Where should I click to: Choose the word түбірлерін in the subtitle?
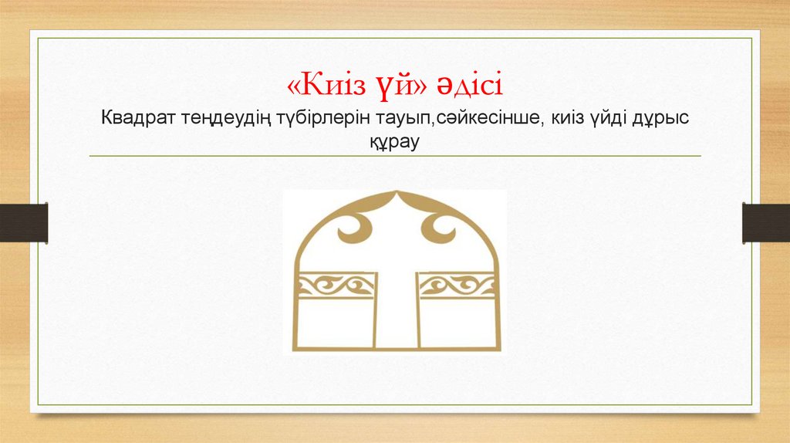(x=312, y=120)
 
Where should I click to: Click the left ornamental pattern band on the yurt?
(x=336, y=286)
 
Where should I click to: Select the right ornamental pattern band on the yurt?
(x=457, y=286)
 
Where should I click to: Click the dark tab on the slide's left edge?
(x=24, y=222)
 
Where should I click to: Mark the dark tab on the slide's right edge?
(x=766, y=222)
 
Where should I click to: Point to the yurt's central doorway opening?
(x=397, y=309)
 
